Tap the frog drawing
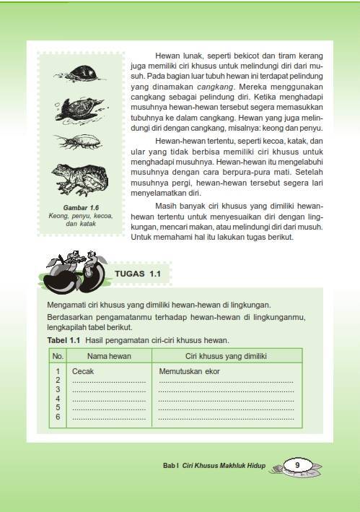point(79,179)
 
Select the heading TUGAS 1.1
point(142,274)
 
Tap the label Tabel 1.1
point(63,339)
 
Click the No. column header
point(58,356)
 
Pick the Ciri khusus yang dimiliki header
point(226,356)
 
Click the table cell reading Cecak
point(84,371)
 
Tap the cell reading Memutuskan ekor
point(189,371)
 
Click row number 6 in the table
point(58,417)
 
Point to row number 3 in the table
point(58,389)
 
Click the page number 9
point(297,465)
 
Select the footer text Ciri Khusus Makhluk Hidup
point(227,467)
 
